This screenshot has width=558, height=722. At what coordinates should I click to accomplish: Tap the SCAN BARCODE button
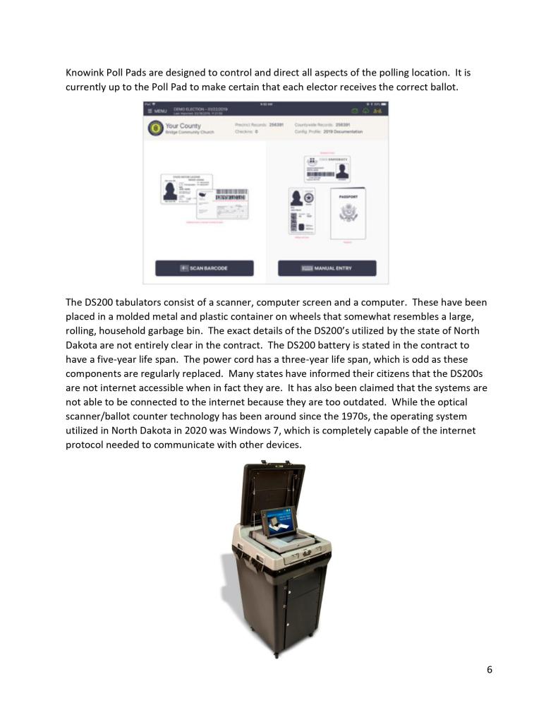(x=205, y=268)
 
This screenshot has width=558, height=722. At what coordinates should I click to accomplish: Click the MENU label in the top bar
(x=157, y=112)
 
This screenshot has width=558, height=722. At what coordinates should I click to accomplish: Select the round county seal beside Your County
(x=154, y=128)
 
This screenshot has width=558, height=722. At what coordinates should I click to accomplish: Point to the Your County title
(x=183, y=126)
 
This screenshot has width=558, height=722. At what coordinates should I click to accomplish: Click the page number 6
(x=490, y=670)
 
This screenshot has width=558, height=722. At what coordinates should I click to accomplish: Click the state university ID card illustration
(x=327, y=168)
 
